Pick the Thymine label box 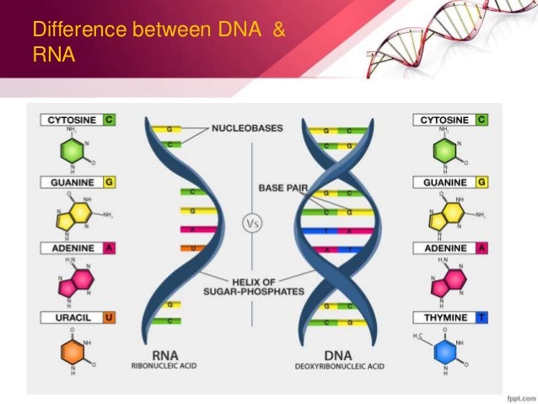[x=451, y=317]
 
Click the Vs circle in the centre [x=252, y=224]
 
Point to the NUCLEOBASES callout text [x=247, y=129]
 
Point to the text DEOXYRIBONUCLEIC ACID [x=337, y=366]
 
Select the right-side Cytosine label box [x=451, y=121]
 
